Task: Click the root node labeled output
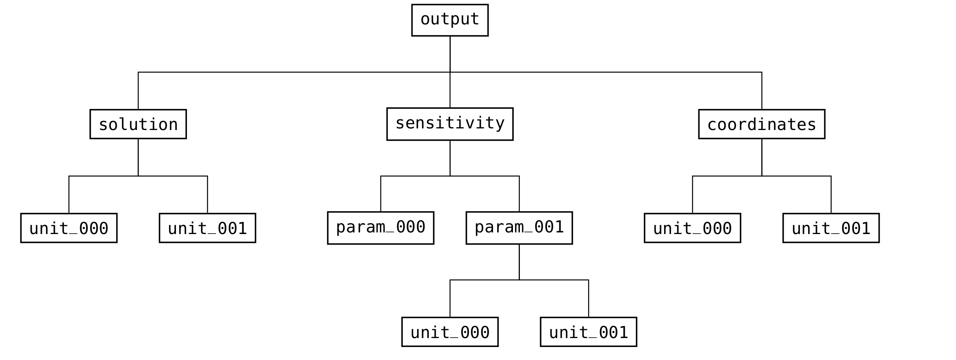pos(450,20)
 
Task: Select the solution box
pos(138,124)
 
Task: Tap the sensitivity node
pos(450,124)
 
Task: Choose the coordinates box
pos(761,124)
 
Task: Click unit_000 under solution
pos(69,228)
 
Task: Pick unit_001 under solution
pos(207,228)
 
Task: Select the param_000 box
pos(380,228)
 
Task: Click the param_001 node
pos(519,228)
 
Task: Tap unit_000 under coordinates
pos(692,228)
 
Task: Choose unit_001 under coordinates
pos(831,228)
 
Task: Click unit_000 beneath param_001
pos(450,332)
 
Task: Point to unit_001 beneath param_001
pos(588,332)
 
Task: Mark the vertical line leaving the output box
pos(450,54)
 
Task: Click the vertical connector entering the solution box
pos(138,91)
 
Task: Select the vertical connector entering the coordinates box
pos(762,91)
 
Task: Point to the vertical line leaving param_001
pos(519,262)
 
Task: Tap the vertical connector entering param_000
pos(380,194)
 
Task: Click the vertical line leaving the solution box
pos(138,157)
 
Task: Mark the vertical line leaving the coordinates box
pos(762,157)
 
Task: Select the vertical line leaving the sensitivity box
pos(450,158)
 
